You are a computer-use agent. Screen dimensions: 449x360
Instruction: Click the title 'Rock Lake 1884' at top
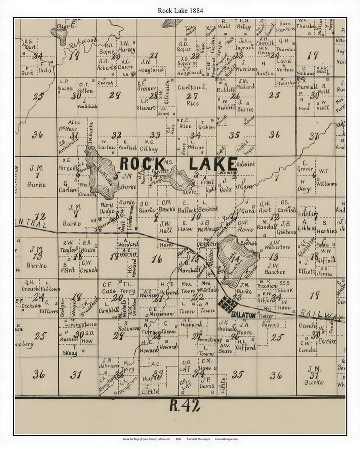point(180,10)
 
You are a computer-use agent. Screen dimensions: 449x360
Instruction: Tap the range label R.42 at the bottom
point(185,406)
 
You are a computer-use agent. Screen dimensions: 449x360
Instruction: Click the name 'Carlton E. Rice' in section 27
point(192,95)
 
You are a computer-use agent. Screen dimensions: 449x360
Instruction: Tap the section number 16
point(156,259)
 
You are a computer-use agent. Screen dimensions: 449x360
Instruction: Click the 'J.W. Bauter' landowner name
point(275,268)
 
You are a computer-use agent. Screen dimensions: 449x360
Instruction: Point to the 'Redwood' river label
point(83,44)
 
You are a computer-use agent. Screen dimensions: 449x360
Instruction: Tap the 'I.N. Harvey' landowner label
point(127,47)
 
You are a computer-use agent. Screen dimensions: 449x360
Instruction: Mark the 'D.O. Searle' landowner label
point(147,207)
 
